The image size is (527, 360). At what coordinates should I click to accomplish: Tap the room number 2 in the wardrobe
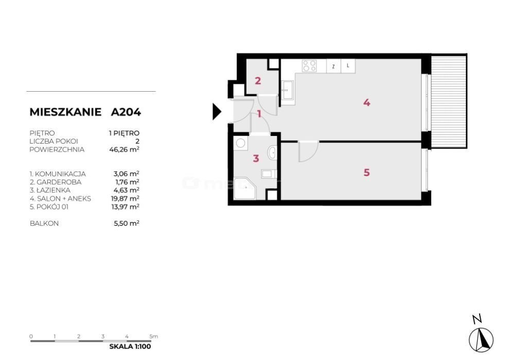tap(258, 81)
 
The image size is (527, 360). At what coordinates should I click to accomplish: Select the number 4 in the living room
tap(366, 102)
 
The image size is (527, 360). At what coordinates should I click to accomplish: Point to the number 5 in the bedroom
tap(366, 173)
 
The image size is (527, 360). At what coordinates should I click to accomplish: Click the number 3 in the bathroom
tap(256, 158)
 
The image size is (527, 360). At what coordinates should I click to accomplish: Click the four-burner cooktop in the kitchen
tap(309, 65)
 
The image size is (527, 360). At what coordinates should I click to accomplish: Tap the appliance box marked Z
tap(333, 66)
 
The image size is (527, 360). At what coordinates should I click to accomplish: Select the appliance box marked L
tap(348, 66)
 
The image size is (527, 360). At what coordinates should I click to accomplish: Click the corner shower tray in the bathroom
tap(244, 188)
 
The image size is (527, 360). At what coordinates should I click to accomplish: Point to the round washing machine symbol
tap(241, 143)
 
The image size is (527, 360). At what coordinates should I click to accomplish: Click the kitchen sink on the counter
tap(288, 90)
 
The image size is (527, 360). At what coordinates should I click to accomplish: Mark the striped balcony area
tap(449, 101)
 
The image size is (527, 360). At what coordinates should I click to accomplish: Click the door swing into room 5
tap(308, 152)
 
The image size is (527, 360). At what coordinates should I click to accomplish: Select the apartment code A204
tap(126, 112)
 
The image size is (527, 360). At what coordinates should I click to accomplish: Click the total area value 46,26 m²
tap(125, 149)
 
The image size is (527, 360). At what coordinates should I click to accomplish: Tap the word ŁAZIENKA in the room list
tap(53, 190)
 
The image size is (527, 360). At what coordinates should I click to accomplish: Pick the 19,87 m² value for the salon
tap(125, 198)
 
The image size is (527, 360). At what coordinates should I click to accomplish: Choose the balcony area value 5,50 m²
tap(127, 223)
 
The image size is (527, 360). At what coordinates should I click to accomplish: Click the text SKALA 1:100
tap(130, 347)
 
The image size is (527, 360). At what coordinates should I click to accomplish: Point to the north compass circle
tap(481, 339)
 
